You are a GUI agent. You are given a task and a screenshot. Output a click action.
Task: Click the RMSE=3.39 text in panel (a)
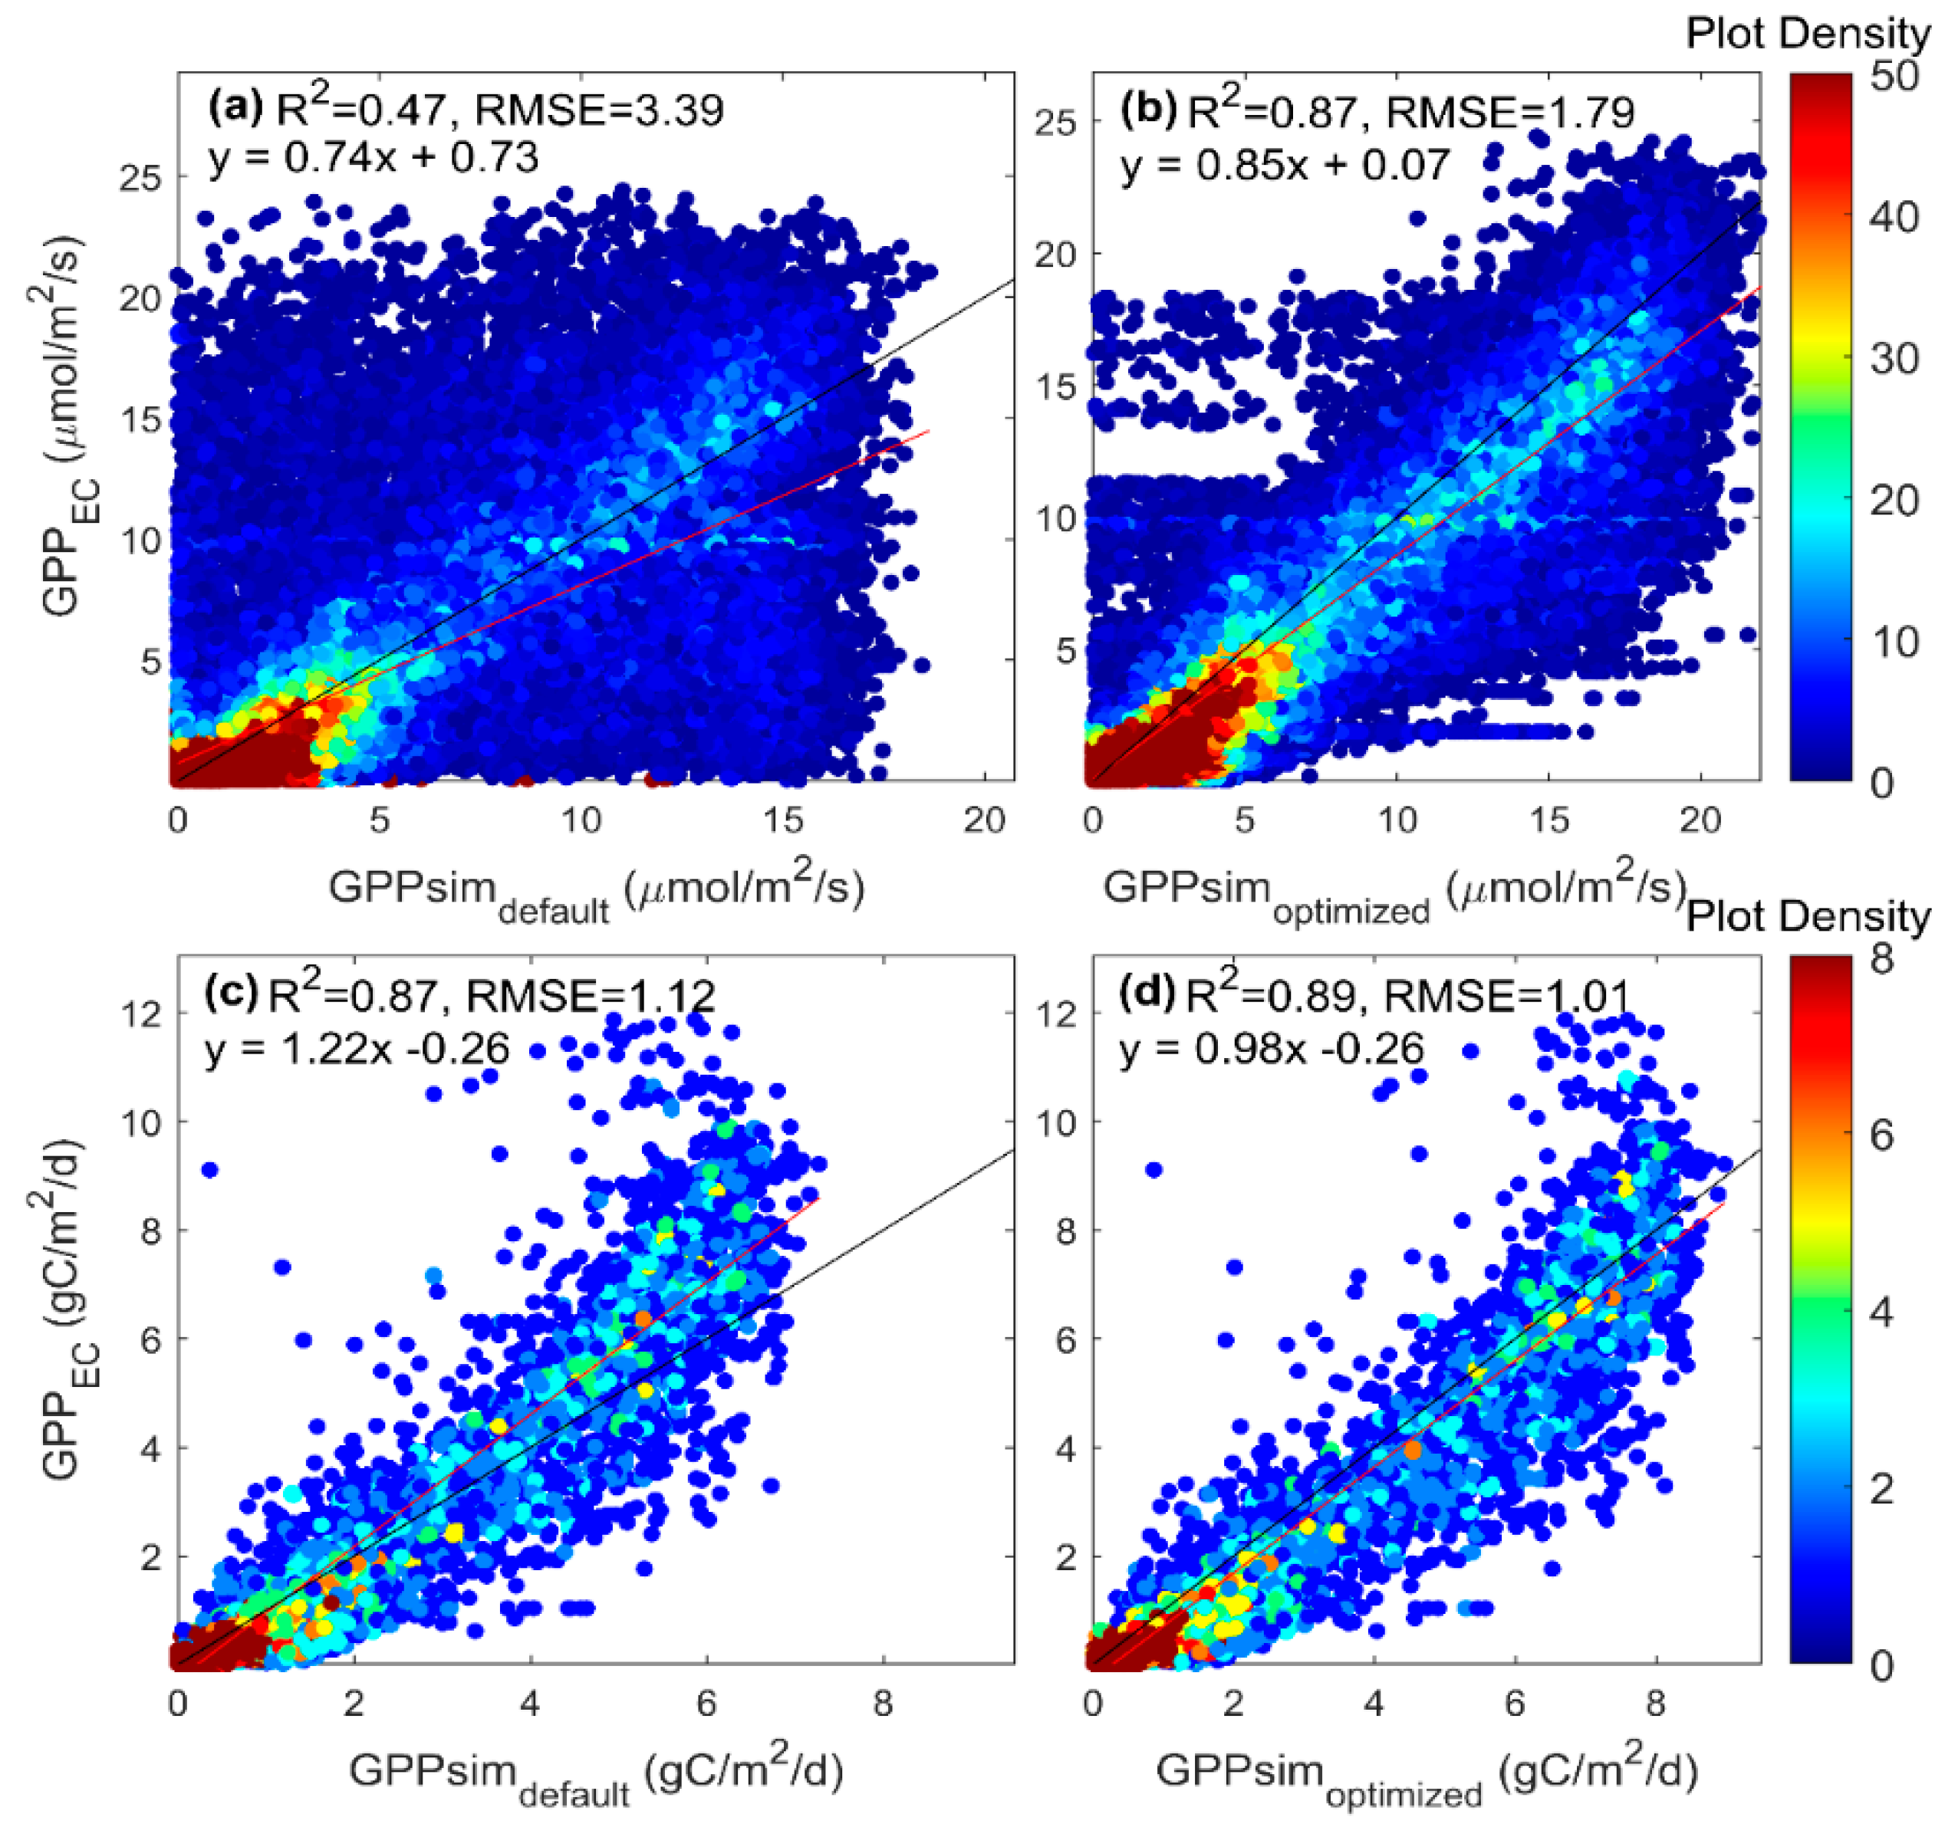pyautogui.click(x=599, y=110)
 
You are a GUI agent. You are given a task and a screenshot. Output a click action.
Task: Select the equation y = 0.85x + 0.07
pyautogui.click(x=1285, y=165)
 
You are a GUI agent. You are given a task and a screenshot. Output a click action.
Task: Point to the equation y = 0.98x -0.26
pyautogui.click(x=1271, y=1049)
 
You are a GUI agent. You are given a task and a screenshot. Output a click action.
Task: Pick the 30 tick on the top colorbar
pyautogui.click(x=1892, y=358)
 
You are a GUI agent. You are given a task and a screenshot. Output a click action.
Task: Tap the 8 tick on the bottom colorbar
pyautogui.click(x=1881, y=958)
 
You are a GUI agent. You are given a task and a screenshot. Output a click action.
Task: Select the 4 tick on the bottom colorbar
pyautogui.click(x=1881, y=1312)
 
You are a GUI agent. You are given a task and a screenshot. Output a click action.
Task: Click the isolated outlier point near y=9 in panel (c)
pyautogui.click(x=209, y=1169)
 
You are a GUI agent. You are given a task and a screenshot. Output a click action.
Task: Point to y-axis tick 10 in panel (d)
pyautogui.click(x=1057, y=1122)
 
